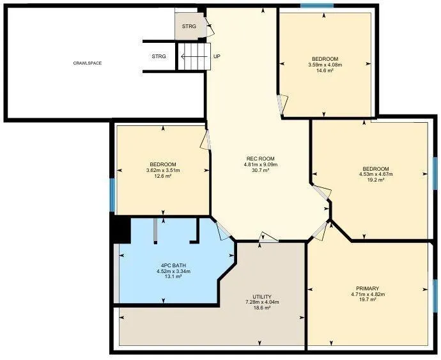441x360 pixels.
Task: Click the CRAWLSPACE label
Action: point(88,63)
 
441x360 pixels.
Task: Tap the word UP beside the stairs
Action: point(217,56)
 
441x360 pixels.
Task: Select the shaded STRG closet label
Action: point(189,26)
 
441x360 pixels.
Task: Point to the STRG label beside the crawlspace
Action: point(159,56)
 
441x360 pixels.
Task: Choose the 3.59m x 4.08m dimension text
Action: point(325,65)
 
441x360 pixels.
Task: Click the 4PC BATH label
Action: point(174,265)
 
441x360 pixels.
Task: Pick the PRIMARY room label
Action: point(367,288)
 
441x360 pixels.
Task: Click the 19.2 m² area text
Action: point(376,180)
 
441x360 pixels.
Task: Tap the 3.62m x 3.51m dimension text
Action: point(163,170)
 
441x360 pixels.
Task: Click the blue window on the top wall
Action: point(316,6)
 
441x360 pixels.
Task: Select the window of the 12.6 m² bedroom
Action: point(112,195)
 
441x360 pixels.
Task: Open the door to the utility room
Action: point(268,237)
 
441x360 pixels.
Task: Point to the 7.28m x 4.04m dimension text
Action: point(262,302)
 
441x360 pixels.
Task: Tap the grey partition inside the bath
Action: point(155,231)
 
